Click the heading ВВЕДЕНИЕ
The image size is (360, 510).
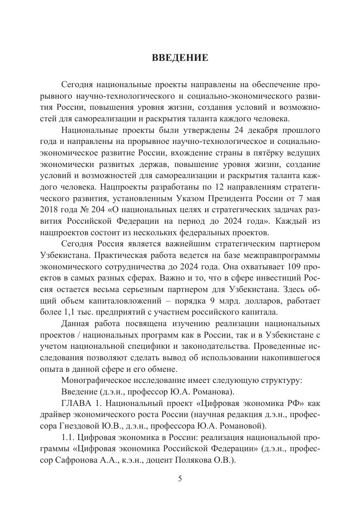[x=180, y=58]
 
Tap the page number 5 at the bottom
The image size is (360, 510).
[x=180, y=478]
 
